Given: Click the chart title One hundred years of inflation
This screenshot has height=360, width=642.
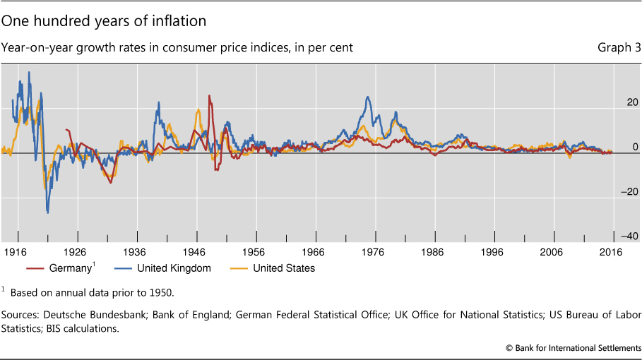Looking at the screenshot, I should pos(104,21).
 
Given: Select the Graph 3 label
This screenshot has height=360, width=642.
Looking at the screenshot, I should pos(618,48).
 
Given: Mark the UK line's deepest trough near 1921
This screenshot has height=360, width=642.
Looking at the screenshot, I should pos(47,212).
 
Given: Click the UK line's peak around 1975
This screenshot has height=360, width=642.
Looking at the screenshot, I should pos(368,97).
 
